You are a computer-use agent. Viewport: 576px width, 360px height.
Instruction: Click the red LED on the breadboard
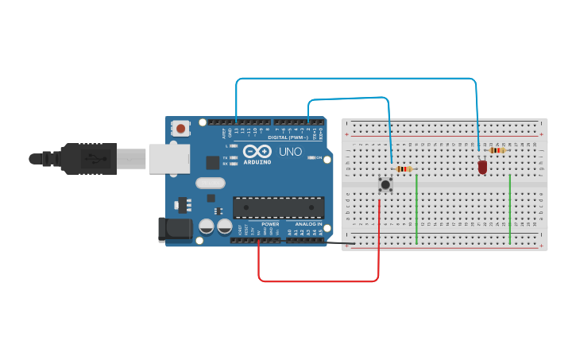482,167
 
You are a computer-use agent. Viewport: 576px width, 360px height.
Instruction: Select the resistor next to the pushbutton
404,168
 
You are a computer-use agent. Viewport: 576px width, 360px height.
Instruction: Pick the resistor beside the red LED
497,149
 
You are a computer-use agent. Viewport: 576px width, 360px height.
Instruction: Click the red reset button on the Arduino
181,128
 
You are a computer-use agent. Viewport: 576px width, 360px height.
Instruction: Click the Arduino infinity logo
257,151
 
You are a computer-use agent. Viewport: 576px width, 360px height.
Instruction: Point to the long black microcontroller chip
278,207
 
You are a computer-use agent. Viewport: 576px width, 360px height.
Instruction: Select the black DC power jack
175,230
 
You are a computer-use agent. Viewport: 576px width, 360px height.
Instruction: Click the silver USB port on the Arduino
169,158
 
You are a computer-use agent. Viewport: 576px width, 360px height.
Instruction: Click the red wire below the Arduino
318,281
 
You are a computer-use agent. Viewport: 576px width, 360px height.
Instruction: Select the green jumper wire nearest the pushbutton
416,208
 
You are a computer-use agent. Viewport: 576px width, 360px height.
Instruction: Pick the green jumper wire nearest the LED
509,208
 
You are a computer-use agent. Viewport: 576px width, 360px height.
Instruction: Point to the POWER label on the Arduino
270,224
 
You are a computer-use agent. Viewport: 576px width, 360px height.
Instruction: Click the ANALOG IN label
308,224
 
